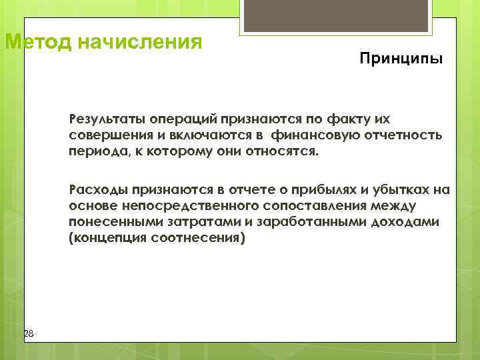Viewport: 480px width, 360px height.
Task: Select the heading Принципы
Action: click(400, 59)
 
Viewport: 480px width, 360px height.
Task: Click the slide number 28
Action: click(28, 333)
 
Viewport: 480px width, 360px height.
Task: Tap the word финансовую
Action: click(312, 136)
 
